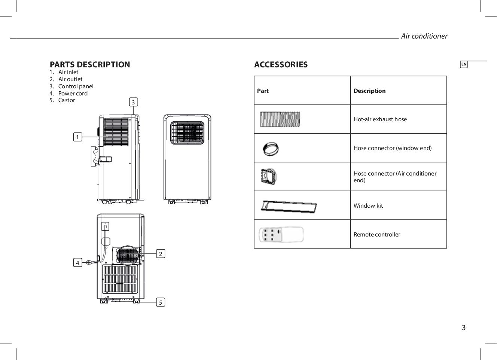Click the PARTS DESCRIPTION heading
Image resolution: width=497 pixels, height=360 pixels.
(x=90, y=64)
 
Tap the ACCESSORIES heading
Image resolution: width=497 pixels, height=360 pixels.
(x=281, y=64)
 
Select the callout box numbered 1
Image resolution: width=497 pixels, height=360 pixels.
(x=77, y=137)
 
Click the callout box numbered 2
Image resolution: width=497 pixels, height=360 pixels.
(x=161, y=254)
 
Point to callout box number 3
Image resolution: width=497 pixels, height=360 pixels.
(x=133, y=102)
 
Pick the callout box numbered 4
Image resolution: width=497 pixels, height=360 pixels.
(x=77, y=263)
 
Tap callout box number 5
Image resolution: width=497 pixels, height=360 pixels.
(x=161, y=302)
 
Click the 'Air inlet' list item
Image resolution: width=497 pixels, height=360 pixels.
(x=68, y=72)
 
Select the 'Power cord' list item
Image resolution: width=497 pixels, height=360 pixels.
(x=73, y=94)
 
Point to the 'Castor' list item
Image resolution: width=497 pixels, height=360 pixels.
(x=66, y=100)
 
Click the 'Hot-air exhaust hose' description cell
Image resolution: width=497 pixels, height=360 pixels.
(x=380, y=119)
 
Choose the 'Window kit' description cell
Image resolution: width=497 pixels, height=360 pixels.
(x=368, y=205)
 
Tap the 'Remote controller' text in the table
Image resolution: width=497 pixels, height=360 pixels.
(x=376, y=235)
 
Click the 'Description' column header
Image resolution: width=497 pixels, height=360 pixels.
(x=369, y=91)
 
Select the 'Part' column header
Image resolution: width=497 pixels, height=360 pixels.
(x=263, y=91)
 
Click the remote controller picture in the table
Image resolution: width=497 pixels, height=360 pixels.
(x=281, y=235)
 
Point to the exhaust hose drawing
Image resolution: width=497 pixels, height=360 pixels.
(x=280, y=119)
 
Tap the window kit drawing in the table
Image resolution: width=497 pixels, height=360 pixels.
(x=289, y=206)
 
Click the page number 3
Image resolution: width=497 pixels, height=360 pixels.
(x=463, y=328)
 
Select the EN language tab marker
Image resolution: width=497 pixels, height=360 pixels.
(x=464, y=64)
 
